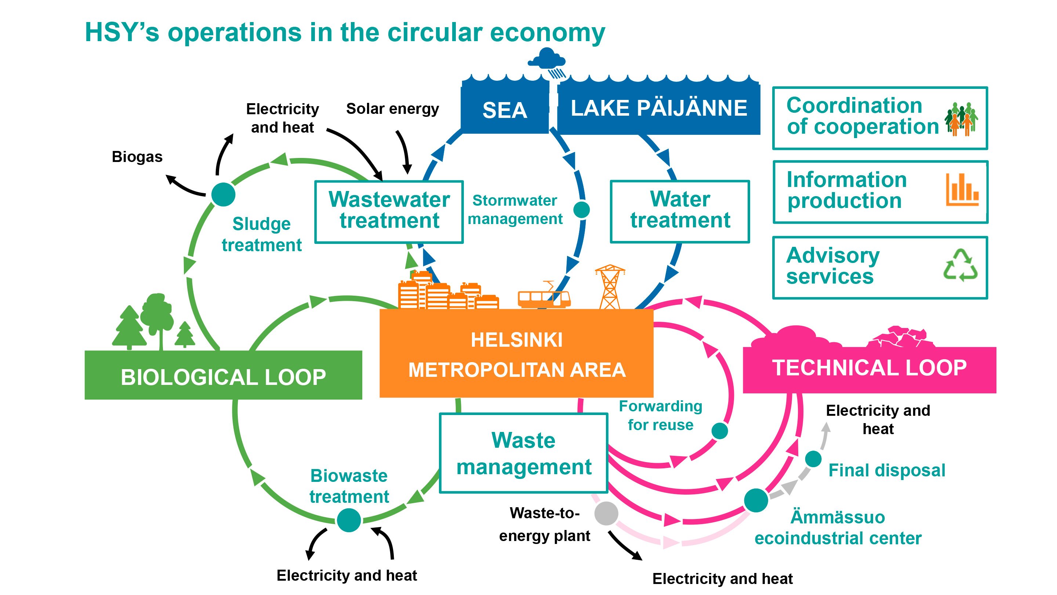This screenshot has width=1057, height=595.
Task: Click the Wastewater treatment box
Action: [x=389, y=212]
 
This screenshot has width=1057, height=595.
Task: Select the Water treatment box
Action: [x=680, y=211]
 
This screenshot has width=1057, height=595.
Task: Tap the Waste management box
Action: [x=524, y=453]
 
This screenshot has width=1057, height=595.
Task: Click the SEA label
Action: [x=505, y=110]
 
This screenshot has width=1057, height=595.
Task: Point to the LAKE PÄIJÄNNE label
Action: [x=658, y=108]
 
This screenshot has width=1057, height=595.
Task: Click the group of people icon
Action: [x=961, y=119]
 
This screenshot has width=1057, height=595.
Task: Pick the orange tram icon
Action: [x=544, y=297]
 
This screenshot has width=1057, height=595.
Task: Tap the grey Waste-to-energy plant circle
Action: [x=606, y=513]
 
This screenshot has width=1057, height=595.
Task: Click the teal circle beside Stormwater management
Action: [x=581, y=209]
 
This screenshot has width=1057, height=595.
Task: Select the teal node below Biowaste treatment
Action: [x=349, y=520]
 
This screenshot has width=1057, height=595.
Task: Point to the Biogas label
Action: [x=137, y=157]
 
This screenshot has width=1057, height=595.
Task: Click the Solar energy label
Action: [x=392, y=109]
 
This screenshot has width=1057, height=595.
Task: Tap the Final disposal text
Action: [x=887, y=470]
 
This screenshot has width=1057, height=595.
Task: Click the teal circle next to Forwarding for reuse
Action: [x=719, y=431]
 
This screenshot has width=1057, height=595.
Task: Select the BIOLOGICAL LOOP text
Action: [x=223, y=377]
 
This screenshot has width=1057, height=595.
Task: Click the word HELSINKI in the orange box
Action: [x=517, y=340]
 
